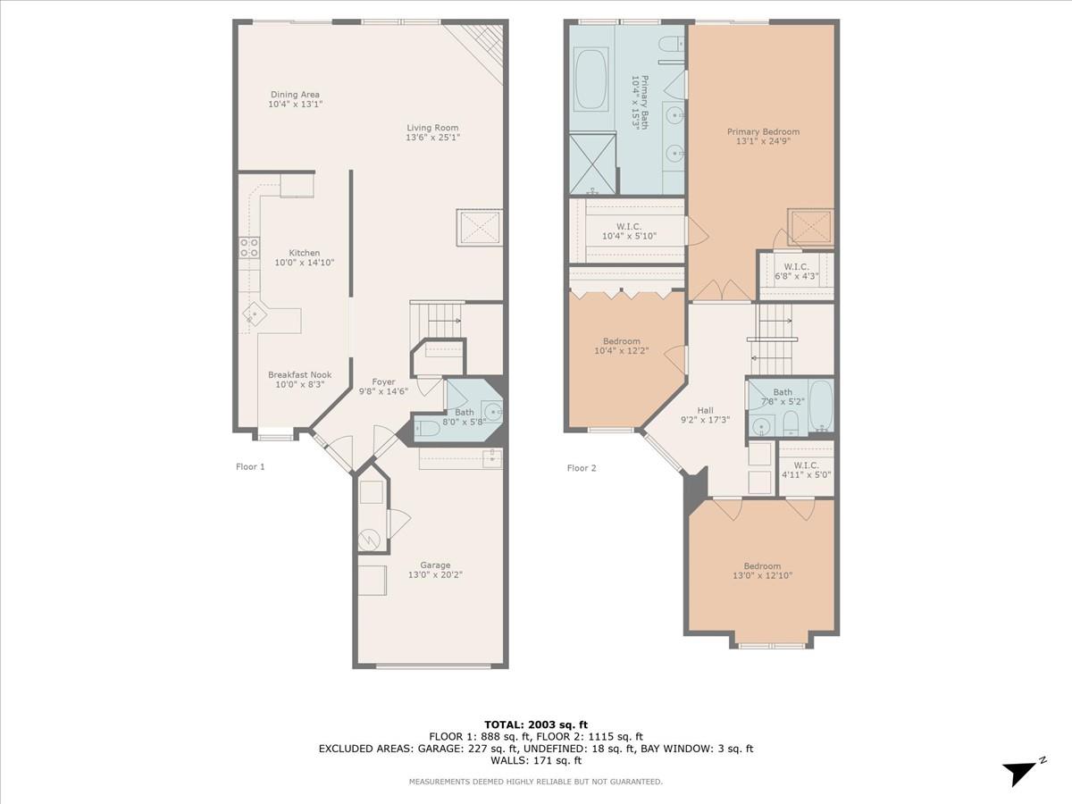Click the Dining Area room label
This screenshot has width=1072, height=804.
295,95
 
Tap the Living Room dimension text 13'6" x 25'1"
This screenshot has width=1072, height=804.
432,138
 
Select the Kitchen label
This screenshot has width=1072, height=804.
304,253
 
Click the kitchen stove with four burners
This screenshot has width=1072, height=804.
249,247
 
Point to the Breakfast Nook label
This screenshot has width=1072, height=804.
299,375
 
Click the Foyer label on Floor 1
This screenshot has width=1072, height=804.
383,382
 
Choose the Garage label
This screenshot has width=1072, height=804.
435,565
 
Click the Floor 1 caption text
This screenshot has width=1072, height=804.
250,466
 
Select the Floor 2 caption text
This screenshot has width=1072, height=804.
581,467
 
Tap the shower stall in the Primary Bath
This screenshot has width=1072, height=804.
593,162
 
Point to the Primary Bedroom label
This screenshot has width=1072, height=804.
762,132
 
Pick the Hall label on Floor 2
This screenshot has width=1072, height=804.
705,411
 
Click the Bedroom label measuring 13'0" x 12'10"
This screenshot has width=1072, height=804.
762,565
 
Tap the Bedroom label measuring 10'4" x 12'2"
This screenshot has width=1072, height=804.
621,341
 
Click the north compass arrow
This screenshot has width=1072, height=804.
1020,772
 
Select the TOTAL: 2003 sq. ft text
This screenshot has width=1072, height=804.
536,724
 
